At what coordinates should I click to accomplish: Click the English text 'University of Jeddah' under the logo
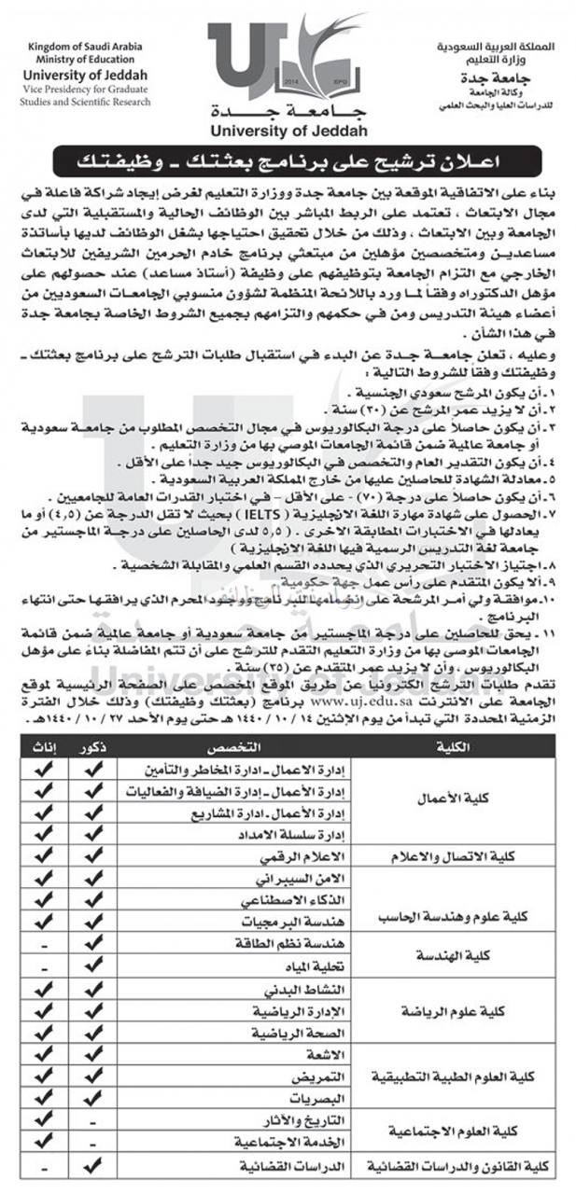[289, 131]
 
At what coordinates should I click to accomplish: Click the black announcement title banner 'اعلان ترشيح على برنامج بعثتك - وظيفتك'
[288, 161]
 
